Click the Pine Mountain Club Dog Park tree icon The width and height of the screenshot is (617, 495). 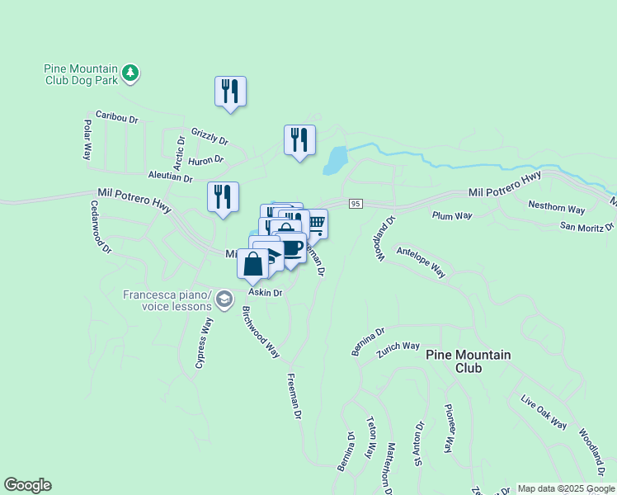click(130, 74)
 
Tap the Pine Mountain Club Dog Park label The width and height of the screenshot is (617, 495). click(81, 74)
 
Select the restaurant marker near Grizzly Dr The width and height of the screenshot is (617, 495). click(230, 92)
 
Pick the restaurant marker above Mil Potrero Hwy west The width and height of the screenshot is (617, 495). click(223, 197)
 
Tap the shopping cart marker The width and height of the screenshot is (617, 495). click(315, 223)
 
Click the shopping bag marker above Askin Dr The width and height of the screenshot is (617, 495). click(253, 264)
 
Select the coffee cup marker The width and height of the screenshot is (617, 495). click(291, 248)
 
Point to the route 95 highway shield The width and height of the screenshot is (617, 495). click(356, 204)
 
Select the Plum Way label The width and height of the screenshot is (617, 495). click(452, 215)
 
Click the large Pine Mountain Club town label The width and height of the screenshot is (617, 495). click(468, 361)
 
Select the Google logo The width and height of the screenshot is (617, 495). click(27, 485)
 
